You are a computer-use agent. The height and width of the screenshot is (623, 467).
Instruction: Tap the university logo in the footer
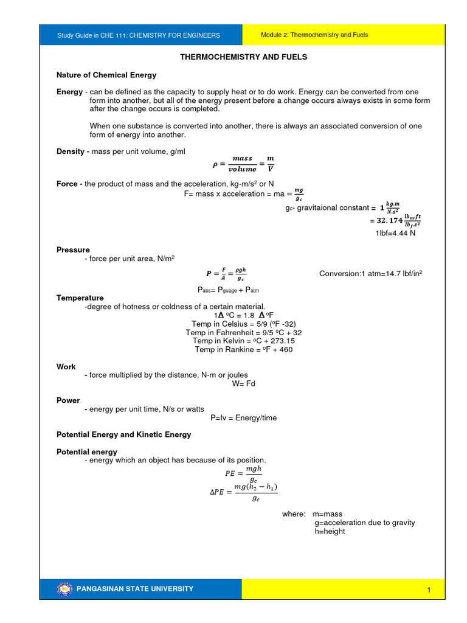tap(64, 588)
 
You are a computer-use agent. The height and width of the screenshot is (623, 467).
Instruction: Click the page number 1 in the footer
tap(429, 590)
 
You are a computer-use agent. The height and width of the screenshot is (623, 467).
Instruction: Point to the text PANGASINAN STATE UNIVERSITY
tap(135, 588)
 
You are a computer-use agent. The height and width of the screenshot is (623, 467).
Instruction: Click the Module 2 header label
tap(314, 35)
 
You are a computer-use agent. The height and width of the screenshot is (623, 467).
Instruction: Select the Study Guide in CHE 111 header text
tap(139, 35)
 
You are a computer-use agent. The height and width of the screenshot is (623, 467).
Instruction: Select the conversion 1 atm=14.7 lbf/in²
tap(371, 274)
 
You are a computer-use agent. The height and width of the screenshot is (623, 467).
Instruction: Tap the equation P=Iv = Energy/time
tap(243, 418)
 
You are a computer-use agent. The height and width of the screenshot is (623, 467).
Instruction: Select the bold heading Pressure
tap(73, 249)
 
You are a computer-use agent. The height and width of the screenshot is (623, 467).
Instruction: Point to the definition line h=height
tap(330, 531)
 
